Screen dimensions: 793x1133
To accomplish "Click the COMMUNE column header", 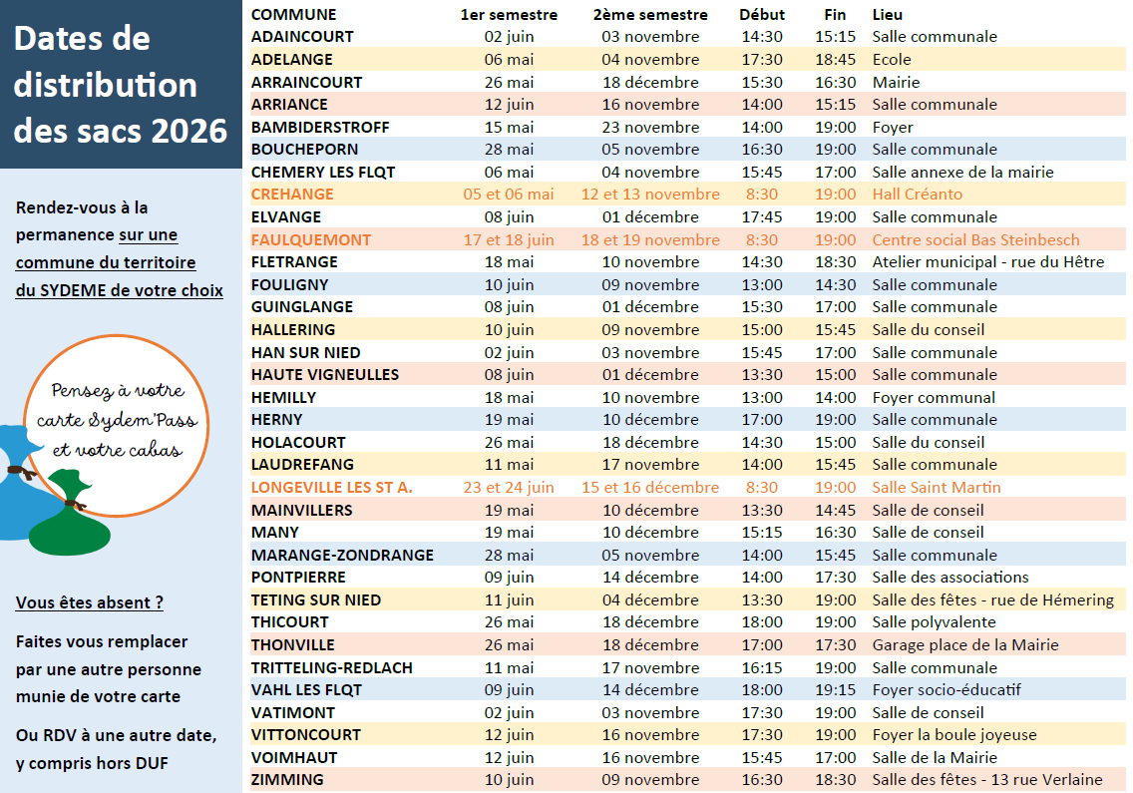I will pyautogui.click(x=293, y=14).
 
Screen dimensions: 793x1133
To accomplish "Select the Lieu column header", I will pyautogui.click(x=888, y=14).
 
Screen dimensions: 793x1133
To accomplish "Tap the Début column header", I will pyautogui.click(x=762, y=14).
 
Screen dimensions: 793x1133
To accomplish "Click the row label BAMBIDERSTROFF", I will pyautogui.click(x=319, y=127).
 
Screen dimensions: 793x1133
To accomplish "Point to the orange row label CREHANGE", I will pyautogui.click(x=292, y=195).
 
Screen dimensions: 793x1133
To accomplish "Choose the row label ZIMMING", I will pyautogui.click(x=287, y=780).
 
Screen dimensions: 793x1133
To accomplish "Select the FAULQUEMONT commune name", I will pyautogui.click(x=310, y=239).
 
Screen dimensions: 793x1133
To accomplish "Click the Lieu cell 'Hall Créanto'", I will pyautogui.click(x=917, y=195).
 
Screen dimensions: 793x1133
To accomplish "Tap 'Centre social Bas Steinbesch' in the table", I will pyautogui.click(x=975, y=239).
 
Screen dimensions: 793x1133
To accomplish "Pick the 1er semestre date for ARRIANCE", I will pyautogui.click(x=509, y=105).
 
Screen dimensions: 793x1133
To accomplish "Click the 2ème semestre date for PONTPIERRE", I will pyautogui.click(x=649, y=578).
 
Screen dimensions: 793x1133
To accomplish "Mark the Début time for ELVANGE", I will pyautogui.click(x=762, y=216).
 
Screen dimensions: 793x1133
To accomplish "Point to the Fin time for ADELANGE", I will pyautogui.click(x=835, y=59).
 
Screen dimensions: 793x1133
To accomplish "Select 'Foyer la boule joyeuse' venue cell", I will pyautogui.click(x=953, y=735).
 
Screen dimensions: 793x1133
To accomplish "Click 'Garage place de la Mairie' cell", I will pyautogui.click(x=964, y=645).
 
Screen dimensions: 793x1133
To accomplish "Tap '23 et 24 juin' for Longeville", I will pyautogui.click(x=509, y=488).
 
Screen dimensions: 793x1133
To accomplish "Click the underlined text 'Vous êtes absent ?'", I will pyautogui.click(x=89, y=602).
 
